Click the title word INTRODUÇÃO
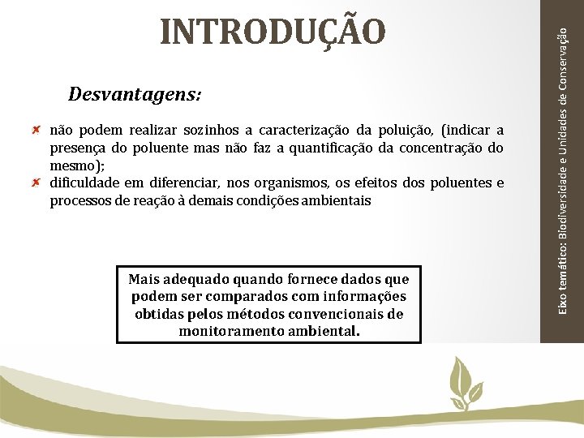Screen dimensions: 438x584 click(273, 31)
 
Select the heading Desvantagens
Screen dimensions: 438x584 click(135, 94)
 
